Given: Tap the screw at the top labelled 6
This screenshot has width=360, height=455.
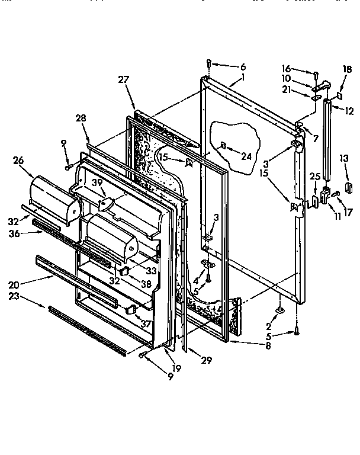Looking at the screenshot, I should (209, 62).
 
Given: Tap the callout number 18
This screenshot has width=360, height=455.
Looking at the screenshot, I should (347, 69).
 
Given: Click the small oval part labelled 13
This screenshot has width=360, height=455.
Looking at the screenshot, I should (348, 188).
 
